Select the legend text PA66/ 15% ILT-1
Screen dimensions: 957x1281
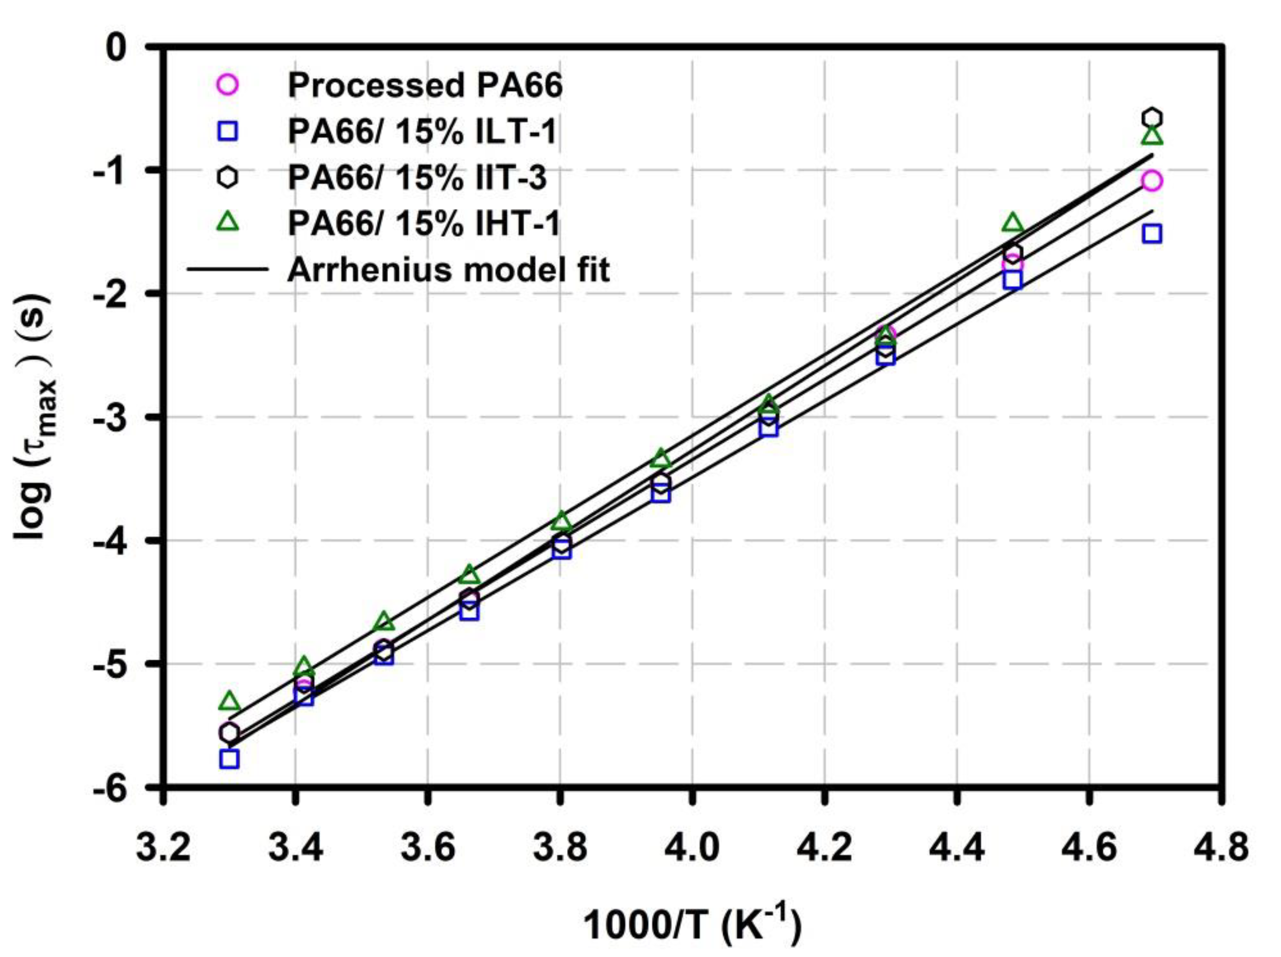click(422, 132)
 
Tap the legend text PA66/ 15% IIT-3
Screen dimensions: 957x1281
click(417, 178)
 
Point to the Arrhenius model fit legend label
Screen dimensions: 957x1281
click(449, 270)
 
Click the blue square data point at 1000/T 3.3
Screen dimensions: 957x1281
click(229, 759)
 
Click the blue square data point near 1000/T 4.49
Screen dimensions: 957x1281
click(1012, 280)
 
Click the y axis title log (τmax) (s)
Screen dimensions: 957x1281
click(33, 417)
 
